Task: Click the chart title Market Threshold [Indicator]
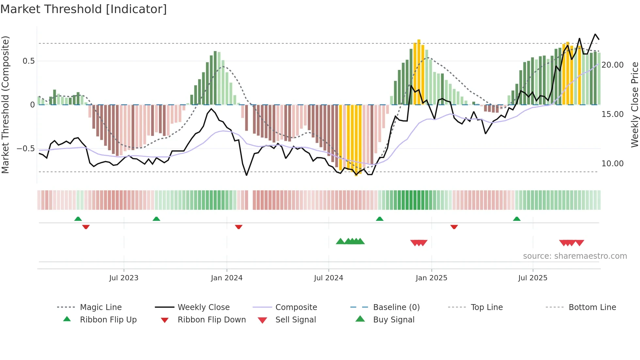pos(84,9)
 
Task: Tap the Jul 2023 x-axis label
pos(124,278)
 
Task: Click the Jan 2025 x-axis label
pos(431,278)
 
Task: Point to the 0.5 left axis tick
pos(28,61)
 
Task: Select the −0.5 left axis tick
pos(25,149)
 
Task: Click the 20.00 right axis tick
pos(612,65)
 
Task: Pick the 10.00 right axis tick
pos(612,164)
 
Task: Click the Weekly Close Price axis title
pos(634,105)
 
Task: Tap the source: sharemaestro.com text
pos(575,256)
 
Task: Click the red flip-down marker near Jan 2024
pos(239,227)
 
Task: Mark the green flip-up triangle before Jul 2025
pos(517,219)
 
